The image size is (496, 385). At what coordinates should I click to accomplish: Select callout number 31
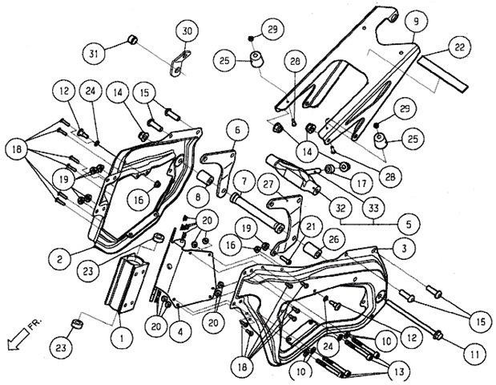coord(95,55)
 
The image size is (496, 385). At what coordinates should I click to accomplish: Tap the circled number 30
coord(186,31)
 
